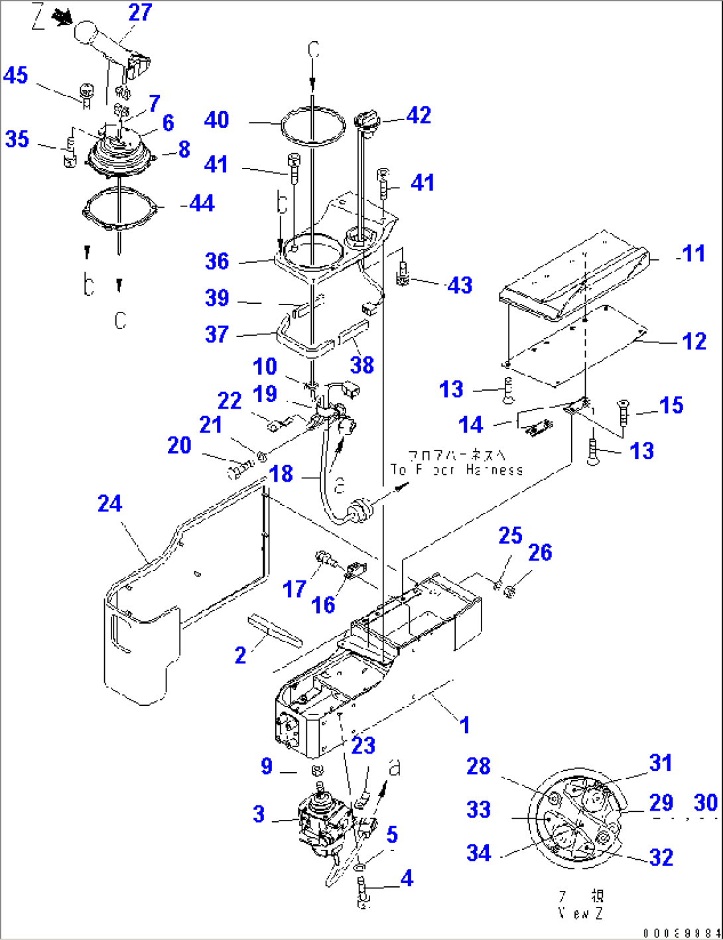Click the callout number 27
point(140,13)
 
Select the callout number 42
point(419,115)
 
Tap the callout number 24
point(109,504)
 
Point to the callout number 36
point(217,261)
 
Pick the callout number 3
point(259,814)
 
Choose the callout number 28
point(478,766)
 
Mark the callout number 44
point(202,203)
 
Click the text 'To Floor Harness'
point(456,470)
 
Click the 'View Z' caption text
point(580,913)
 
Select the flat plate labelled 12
point(574,345)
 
